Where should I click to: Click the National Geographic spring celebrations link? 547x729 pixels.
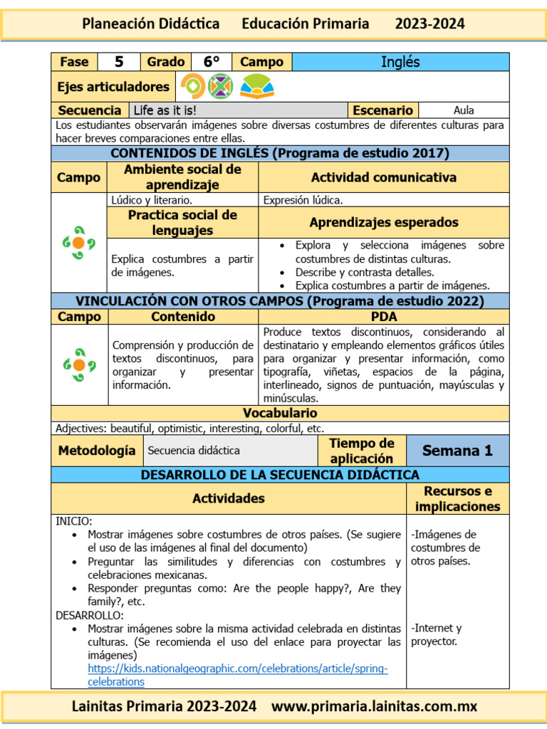[x=237, y=675]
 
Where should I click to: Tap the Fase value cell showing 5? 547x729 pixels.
[x=119, y=62]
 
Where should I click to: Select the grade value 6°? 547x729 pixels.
[x=212, y=62]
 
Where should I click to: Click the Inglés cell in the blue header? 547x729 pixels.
[x=400, y=62]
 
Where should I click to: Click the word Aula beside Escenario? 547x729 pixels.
[x=464, y=110]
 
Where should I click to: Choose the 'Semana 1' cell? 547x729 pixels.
[x=457, y=451]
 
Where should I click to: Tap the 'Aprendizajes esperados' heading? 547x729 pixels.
[x=384, y=222]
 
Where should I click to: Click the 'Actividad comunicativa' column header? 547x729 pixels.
[x=384, y=177]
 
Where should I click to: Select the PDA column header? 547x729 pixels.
[x=384, y=316]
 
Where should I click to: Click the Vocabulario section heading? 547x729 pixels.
[x=280, y=413]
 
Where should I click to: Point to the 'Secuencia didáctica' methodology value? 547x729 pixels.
[x=194, y=451]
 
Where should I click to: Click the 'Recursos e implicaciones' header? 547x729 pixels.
[x=457, y=499]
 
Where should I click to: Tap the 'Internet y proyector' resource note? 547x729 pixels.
[x=436, y=634]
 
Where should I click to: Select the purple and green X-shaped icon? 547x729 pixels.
[x=221, y=87]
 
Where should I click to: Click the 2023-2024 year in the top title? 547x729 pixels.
[x=429, y=23]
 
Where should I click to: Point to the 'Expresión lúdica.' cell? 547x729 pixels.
[x=303, y=200]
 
